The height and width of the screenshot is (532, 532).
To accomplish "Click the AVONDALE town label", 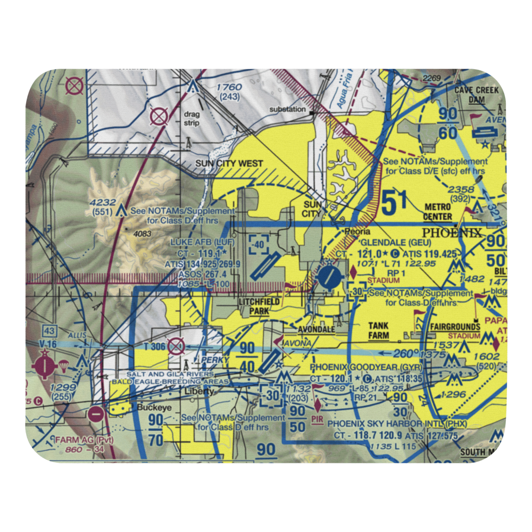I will [316, 329].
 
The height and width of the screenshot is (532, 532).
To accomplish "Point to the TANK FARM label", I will [378, 331].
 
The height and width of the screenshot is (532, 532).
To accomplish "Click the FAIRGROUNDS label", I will [455, 327].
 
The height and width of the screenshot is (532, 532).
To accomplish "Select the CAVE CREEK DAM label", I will [476, 95].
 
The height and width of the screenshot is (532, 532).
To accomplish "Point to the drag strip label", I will [192, 118].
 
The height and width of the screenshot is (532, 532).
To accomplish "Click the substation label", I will [287, 109].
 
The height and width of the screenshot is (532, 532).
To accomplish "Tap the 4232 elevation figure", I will [102, 202].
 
